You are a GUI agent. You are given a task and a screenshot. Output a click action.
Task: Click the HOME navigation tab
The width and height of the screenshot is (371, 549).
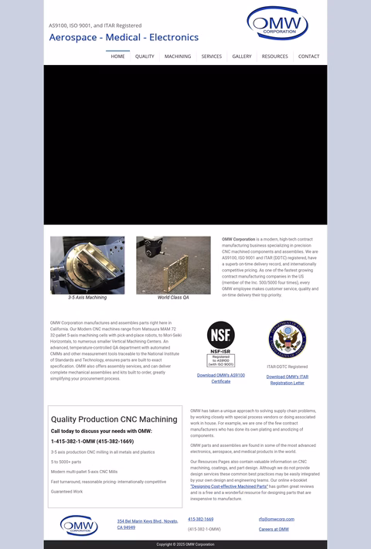tap(117, 56)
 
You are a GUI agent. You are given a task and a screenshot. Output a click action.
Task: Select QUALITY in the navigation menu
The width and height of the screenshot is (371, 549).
tap(145, 56)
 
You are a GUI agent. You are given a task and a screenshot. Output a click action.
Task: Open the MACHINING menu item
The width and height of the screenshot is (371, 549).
tap(178, 56)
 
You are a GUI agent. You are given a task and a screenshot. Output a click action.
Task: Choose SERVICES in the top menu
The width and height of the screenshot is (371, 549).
tap(212, 56)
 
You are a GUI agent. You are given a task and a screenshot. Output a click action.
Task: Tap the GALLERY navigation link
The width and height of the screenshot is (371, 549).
tap(242, 56)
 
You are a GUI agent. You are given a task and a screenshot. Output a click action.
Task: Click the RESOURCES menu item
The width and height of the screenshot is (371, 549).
tap(274, 56)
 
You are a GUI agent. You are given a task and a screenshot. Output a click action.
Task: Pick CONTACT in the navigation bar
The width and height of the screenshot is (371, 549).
tap(308, 56)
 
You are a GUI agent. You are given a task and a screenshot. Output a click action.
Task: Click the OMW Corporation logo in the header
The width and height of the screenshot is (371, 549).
tap(277, 24)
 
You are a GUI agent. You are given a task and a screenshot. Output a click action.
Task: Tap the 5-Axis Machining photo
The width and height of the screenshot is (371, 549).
tap(87, 265)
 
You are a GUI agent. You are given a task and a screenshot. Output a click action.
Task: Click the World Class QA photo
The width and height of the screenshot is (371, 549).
tap(173, 265)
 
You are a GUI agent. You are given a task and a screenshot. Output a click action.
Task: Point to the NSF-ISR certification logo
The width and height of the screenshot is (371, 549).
tap(220, 343)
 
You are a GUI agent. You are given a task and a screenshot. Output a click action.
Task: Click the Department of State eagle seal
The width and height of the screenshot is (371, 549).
tap(288, 340)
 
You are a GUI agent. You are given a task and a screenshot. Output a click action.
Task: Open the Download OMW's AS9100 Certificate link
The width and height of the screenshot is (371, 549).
tap(220, 378)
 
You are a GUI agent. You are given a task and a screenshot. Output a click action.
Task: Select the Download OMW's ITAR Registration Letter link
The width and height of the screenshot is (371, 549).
tap(288, 380)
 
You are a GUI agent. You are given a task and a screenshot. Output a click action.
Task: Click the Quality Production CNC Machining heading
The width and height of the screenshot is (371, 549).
tap(114, 419)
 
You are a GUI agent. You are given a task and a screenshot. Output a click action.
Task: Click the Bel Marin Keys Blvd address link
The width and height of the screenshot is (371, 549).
tap(147, 524)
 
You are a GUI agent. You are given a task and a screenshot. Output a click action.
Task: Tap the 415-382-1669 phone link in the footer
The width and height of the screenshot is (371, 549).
tap(201, 520)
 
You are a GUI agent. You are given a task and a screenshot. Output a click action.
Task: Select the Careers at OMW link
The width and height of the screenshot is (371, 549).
tap(274, 530)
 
